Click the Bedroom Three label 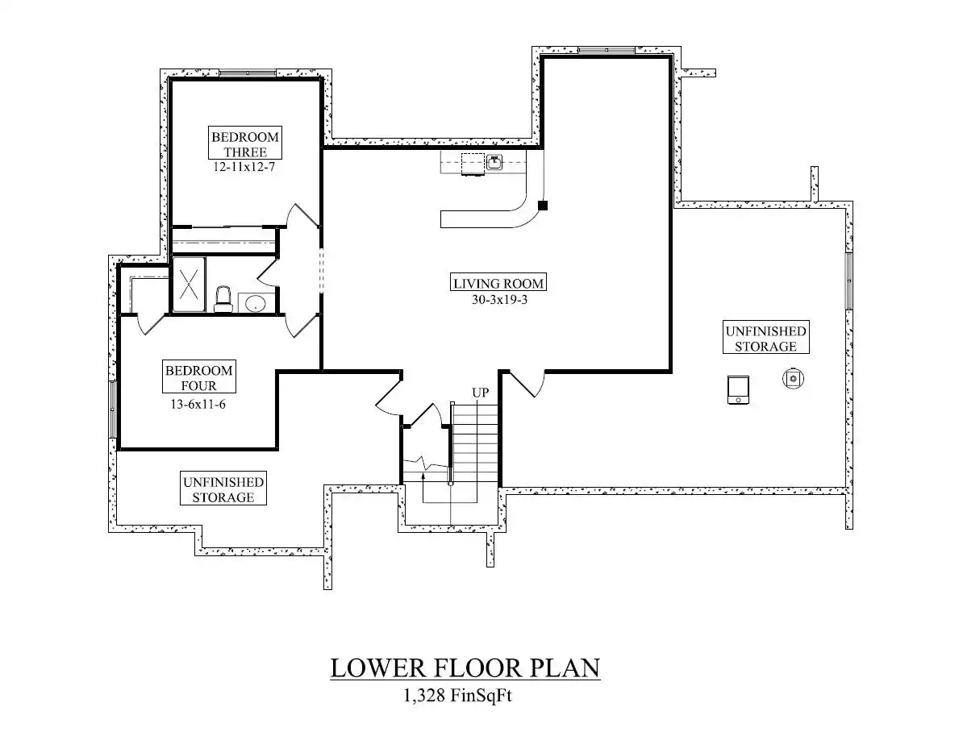[x=245, y=144]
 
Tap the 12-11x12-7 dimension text [x=244, y=167]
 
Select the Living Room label [x=498, y=283]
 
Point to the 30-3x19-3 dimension [x=499, y=300]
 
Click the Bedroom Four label [x=199, y=377]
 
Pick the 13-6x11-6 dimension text [x=198, y=405]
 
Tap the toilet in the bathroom [x=223, y=299]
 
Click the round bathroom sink [x=254, y=303]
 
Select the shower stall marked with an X [x=189, y=285]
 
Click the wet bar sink [x=494, y=163]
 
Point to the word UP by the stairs [x=480, y=392]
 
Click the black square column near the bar [x=542, y=206]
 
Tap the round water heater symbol [x=794, y=379]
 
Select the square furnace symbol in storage [x=738, y=390]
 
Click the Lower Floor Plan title [x=465, y=667]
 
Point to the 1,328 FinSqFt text [x=457, y=696]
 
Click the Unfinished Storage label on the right [x=766, y=338]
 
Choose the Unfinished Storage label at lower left [x=223, y=489]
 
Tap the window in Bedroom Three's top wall [x=248, y=73]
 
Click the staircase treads [x=474, y=443]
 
